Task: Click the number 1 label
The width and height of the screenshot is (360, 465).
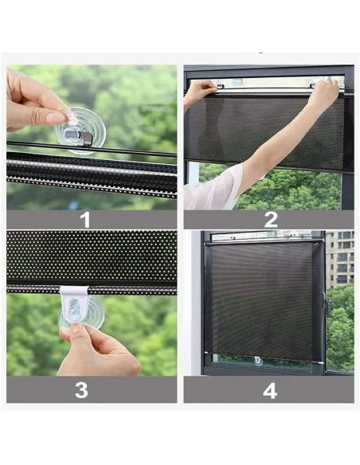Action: tap(85, 220)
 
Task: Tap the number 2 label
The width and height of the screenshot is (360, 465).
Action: tap(271, 220)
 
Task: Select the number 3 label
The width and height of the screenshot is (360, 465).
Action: tap(81, 390)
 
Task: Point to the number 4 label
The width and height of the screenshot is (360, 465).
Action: tap(270, 391)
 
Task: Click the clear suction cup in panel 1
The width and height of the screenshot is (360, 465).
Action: tap(80, 131)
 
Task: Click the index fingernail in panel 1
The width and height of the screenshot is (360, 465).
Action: tap(56, 118)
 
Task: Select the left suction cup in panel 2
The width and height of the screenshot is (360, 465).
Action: tap(221, 84)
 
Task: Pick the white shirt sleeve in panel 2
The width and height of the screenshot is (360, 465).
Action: tap(213, 187)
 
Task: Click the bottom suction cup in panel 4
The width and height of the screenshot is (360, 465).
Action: tap(259, 361)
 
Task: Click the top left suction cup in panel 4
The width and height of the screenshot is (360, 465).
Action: tap(230, 236)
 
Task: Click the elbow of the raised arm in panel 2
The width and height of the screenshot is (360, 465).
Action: tap(256, 166)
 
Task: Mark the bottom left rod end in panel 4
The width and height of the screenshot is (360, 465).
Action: tap(206, 353)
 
